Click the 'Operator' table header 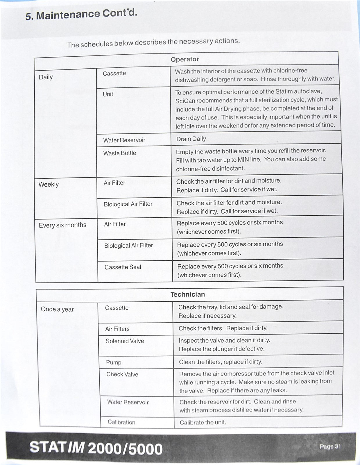point(185,59)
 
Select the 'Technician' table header point(188,294)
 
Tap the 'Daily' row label point(46,77)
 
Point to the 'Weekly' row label point(49,184)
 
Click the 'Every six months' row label point(62,225)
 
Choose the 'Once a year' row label point(57,309)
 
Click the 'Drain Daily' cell point(191,139)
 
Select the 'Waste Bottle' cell point(120,153)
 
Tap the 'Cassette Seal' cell point(123,267)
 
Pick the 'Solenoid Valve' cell point(125,341)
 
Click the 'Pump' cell point(114,362)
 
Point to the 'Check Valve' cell point(122,374)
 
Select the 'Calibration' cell point(121,422)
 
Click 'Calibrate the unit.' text point(203,422)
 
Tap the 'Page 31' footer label point(330,446)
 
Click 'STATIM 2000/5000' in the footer point(96,448)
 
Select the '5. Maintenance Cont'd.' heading point(81,15)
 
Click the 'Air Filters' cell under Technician point(117,329)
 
